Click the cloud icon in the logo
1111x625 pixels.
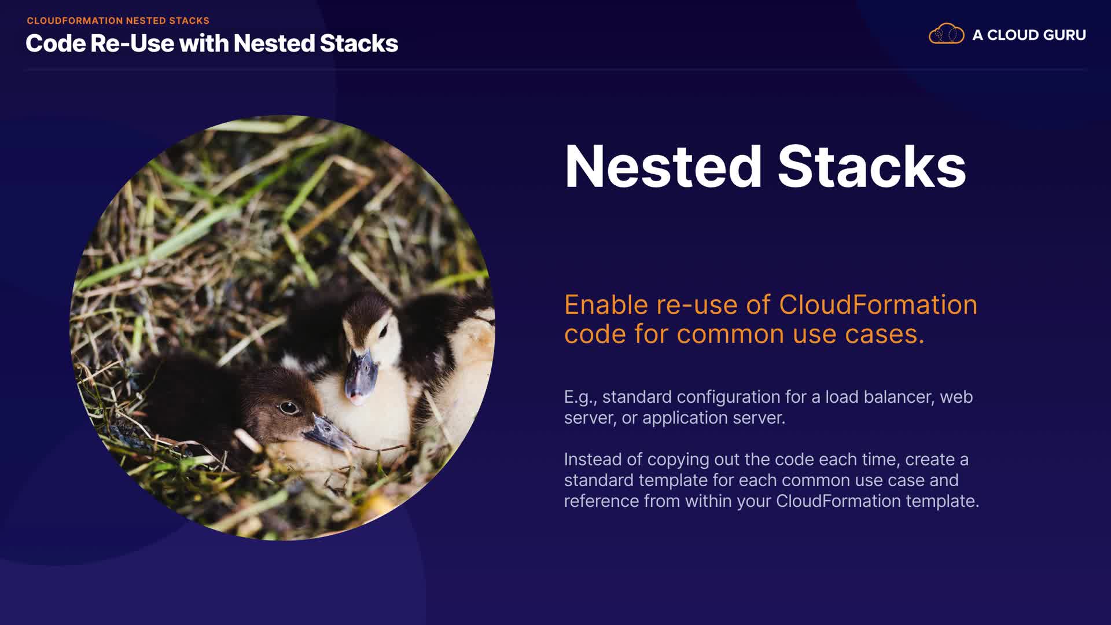coord(947,34)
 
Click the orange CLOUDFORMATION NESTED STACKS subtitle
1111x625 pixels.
coord(118,21)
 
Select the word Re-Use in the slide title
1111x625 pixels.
coord(132,43)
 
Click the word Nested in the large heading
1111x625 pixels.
coord(663,167)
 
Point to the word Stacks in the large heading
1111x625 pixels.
coord(871,167)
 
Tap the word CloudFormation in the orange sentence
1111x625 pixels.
coord(878,305)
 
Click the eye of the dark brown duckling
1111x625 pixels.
coord(288,407)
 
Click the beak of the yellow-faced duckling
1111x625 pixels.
coord(360,376)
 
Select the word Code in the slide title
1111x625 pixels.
coord(55,43)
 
